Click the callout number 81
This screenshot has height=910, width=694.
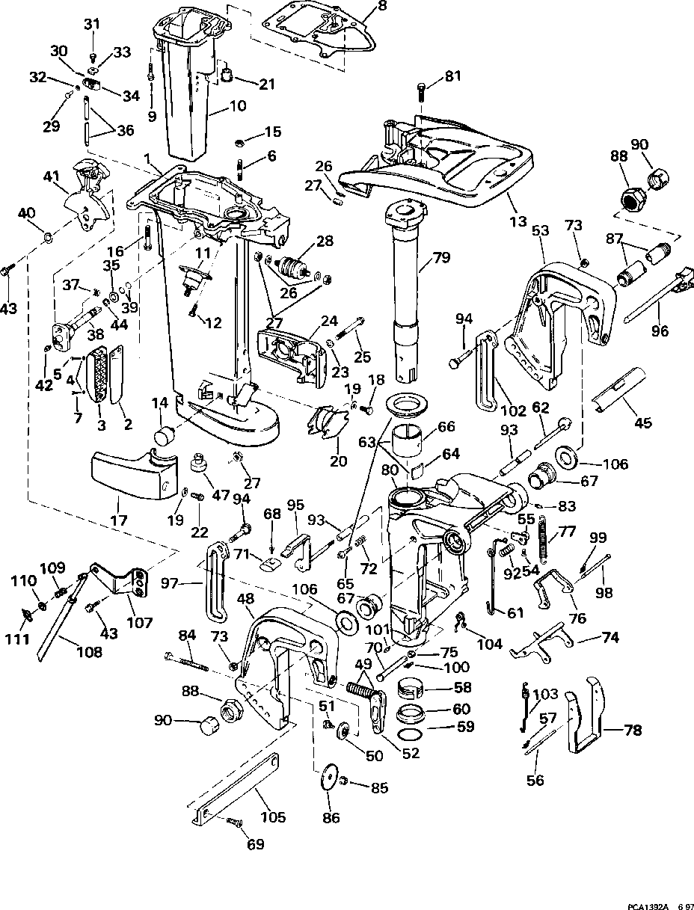tap(452, 77)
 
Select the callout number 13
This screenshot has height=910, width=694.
tap(518, 222)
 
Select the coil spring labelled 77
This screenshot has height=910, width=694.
tap(544, 539)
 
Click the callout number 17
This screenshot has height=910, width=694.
tap(119, 520)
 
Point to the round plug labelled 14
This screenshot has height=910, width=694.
tap(165, 437)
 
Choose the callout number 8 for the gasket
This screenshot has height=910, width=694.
tap(382, 5)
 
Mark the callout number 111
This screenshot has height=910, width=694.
tap(17, 639)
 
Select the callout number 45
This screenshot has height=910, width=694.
tap(643, 422)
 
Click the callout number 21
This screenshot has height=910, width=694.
tap(266, 84)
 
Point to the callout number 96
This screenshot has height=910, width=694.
tap(660, 331)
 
